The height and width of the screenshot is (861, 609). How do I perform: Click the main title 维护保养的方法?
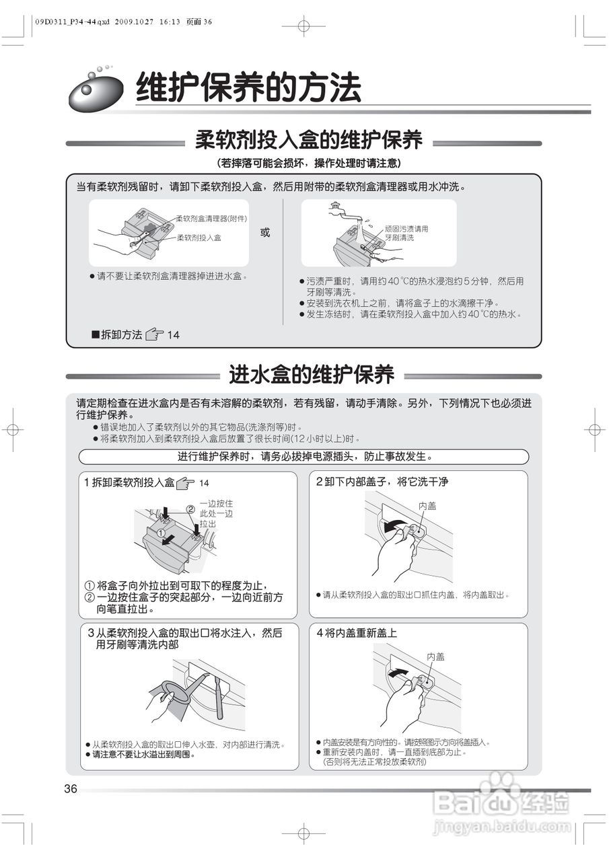click(248, 87)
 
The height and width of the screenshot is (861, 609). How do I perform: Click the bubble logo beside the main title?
click(96, 91)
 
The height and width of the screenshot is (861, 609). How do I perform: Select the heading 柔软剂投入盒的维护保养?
click(309, 141)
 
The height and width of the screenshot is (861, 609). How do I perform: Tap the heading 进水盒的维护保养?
click(311, 374)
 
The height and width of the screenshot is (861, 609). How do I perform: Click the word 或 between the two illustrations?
click(265, 232)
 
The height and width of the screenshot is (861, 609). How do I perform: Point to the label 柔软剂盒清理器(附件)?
click(211, 219)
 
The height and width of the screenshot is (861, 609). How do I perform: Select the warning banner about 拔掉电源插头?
click(304, 457)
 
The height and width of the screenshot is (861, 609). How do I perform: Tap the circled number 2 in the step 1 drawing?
click(190, 509)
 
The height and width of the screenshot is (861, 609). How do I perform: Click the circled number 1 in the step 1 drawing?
click(162, 532)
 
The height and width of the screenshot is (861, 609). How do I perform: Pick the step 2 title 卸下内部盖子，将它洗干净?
click(382, 482)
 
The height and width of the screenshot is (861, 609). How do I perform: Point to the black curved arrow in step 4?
click(398, 672)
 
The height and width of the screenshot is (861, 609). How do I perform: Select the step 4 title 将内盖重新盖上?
click(357, 633)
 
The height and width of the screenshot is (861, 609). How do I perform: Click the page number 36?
click(71, 789)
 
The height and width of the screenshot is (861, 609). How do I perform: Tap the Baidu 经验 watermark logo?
click(501, 800)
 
